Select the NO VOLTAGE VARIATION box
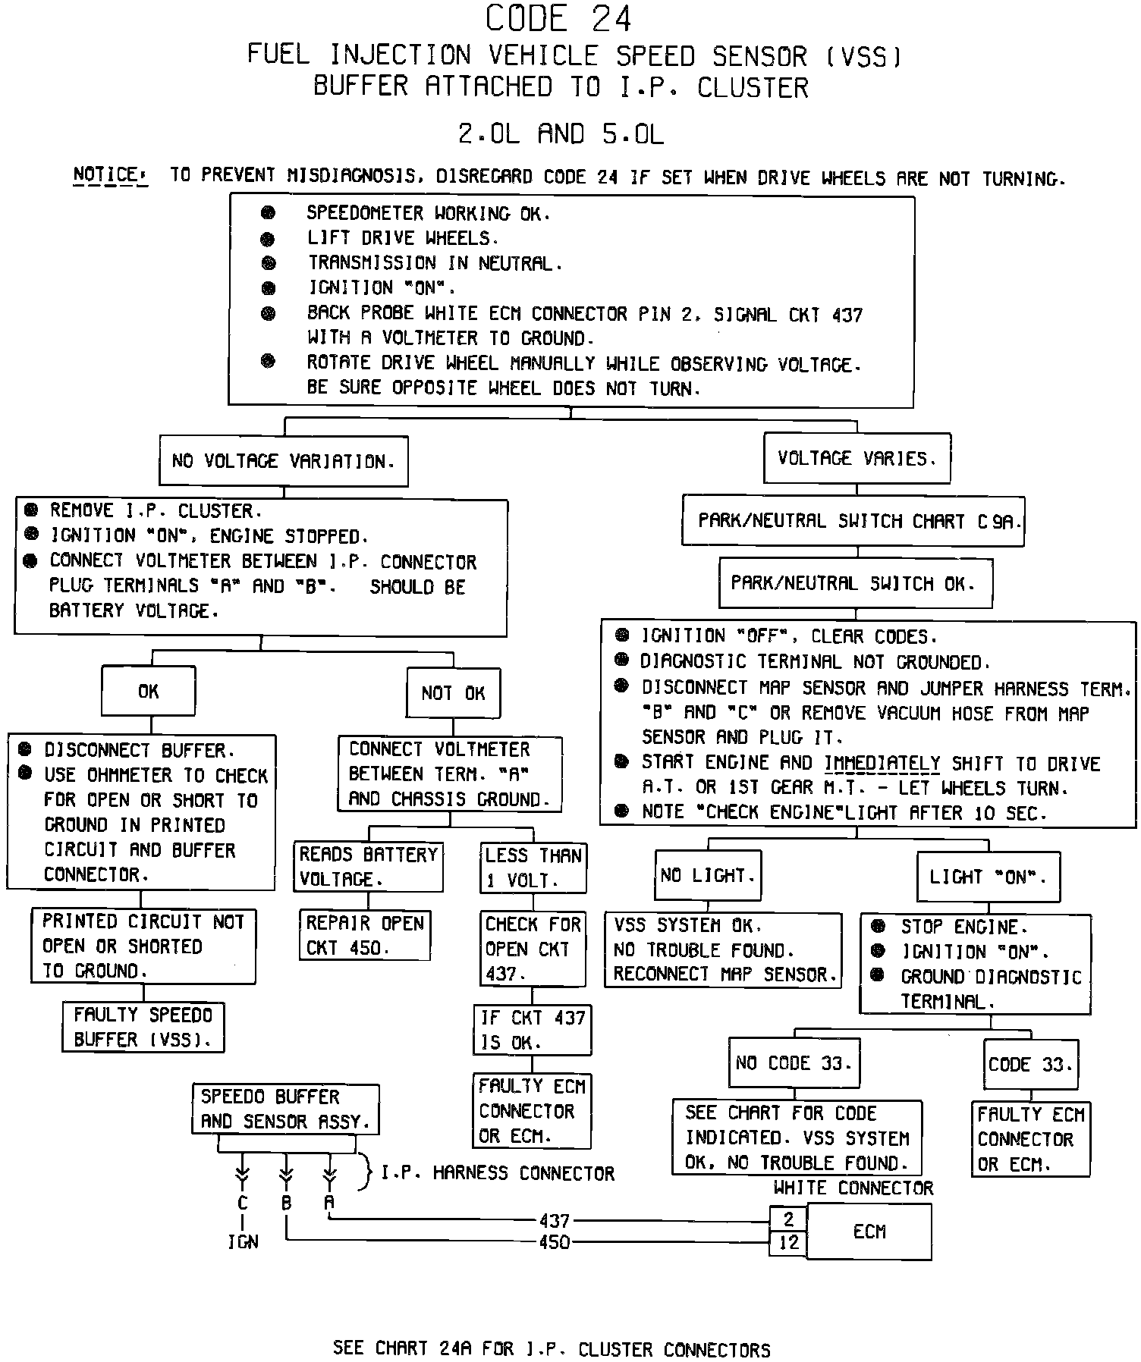tap(283, 461)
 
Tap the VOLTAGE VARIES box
tap(857, 458)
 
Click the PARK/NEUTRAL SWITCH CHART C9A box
tap(853, 521)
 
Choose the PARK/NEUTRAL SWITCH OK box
tap(855, 583)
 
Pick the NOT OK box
tap(453, 692)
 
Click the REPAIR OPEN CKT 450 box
tap(365, 935)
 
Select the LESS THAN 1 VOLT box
tap(533, 868)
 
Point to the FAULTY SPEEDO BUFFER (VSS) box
tap(143, 1027)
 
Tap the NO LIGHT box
tap(708, 875)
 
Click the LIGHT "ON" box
tap(988, 877)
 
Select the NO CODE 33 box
tap(794, 1063)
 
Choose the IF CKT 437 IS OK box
tap(532, 1030)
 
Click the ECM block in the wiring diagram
tap(869, 1232)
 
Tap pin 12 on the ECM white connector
tap(789, 1242)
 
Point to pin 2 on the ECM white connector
tap(789, 1219)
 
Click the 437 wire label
tap(554, 1221)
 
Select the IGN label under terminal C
tap(243, 1242)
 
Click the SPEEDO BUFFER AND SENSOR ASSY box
tap(285, 1109)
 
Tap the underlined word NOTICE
tap(105, 175)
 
